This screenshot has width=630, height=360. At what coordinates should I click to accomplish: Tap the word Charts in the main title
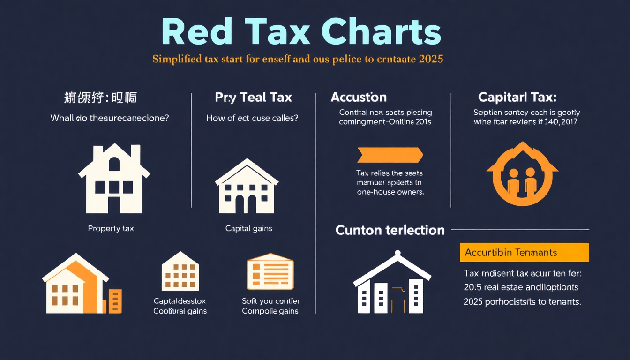[381, 33]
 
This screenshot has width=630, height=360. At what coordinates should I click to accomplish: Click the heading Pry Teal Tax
[253, 97]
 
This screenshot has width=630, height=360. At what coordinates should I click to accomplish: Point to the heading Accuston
[359, 97]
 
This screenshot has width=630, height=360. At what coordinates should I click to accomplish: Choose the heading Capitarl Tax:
[517, 97]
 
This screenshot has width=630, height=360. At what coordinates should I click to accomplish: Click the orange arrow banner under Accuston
[390, 155]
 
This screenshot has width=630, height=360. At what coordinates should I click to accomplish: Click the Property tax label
[111, 229]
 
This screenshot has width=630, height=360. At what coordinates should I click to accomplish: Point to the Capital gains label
[248, 229]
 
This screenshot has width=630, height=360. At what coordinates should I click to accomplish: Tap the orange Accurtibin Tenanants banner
[524, 252]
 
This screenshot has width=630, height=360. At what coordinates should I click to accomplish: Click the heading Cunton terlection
[390, 230]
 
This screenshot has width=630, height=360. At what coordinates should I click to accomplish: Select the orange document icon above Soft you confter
[270, 274]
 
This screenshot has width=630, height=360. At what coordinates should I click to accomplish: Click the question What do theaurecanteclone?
[110, 118]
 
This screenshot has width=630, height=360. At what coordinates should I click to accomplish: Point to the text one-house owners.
[390, 192]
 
